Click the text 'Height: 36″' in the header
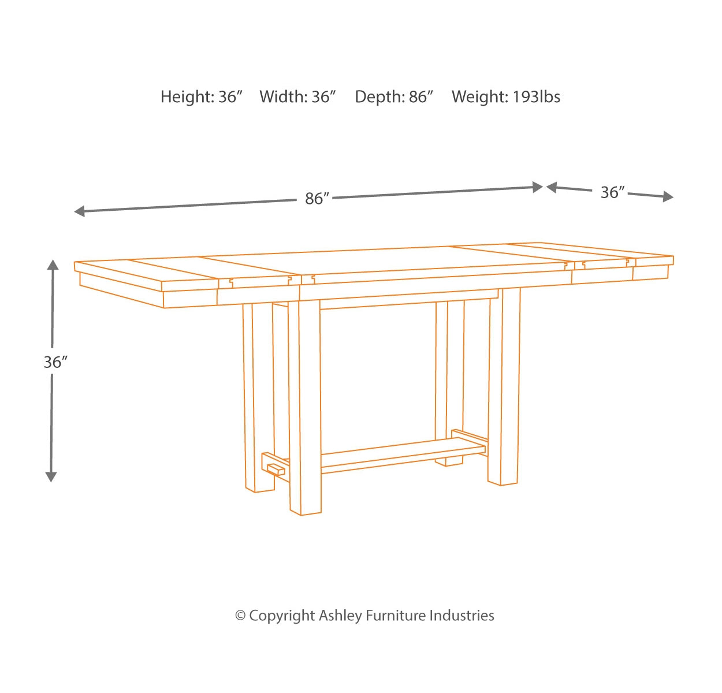click(x=201, y=97)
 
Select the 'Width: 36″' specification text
click(x=297, y=97)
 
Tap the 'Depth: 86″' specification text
click(x=394, y=97)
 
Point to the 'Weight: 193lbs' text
click(x=506, y=97)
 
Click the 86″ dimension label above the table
click(x=317, y=199)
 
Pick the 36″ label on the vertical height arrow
click(x=55, y=362)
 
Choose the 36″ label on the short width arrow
click(x=613, y=192)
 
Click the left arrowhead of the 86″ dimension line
click(x=79, y=211)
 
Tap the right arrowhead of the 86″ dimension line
click(x=538, y=187)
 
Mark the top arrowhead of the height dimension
click(x=53, y=265)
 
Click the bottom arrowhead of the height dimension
click(x=51, y=476)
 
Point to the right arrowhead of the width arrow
click(x=668, y=196)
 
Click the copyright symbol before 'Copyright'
click(x=240, y=616)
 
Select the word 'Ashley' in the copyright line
click(x=340, y=616)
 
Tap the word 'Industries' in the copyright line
click(x=462, y=616)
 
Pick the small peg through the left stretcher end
click(x=276, y=470)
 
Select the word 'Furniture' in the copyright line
click(x=396, y=616)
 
